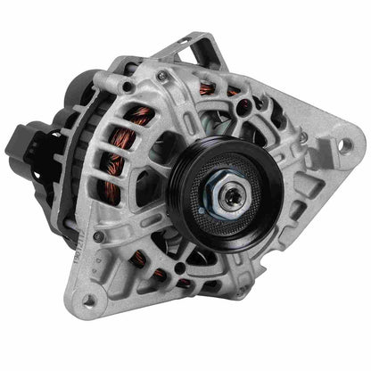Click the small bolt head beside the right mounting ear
point(303,136)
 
